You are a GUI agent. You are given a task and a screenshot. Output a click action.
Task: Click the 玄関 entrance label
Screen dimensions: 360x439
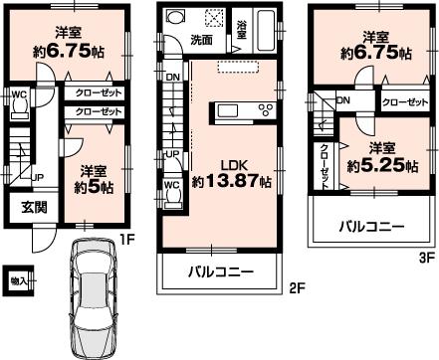(x=23, y=208)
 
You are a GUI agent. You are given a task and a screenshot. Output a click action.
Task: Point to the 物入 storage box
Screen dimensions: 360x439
(x=18, y=279)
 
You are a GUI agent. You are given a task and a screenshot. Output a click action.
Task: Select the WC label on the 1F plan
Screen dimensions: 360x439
(x=19, y=95)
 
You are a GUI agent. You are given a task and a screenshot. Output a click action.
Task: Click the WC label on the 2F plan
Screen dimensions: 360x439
(x=171, y=184)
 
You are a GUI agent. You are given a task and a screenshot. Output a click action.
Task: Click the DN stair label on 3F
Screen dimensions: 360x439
(x=343, y=100)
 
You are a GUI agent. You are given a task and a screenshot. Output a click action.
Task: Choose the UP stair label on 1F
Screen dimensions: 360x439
(x=37, y=177)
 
